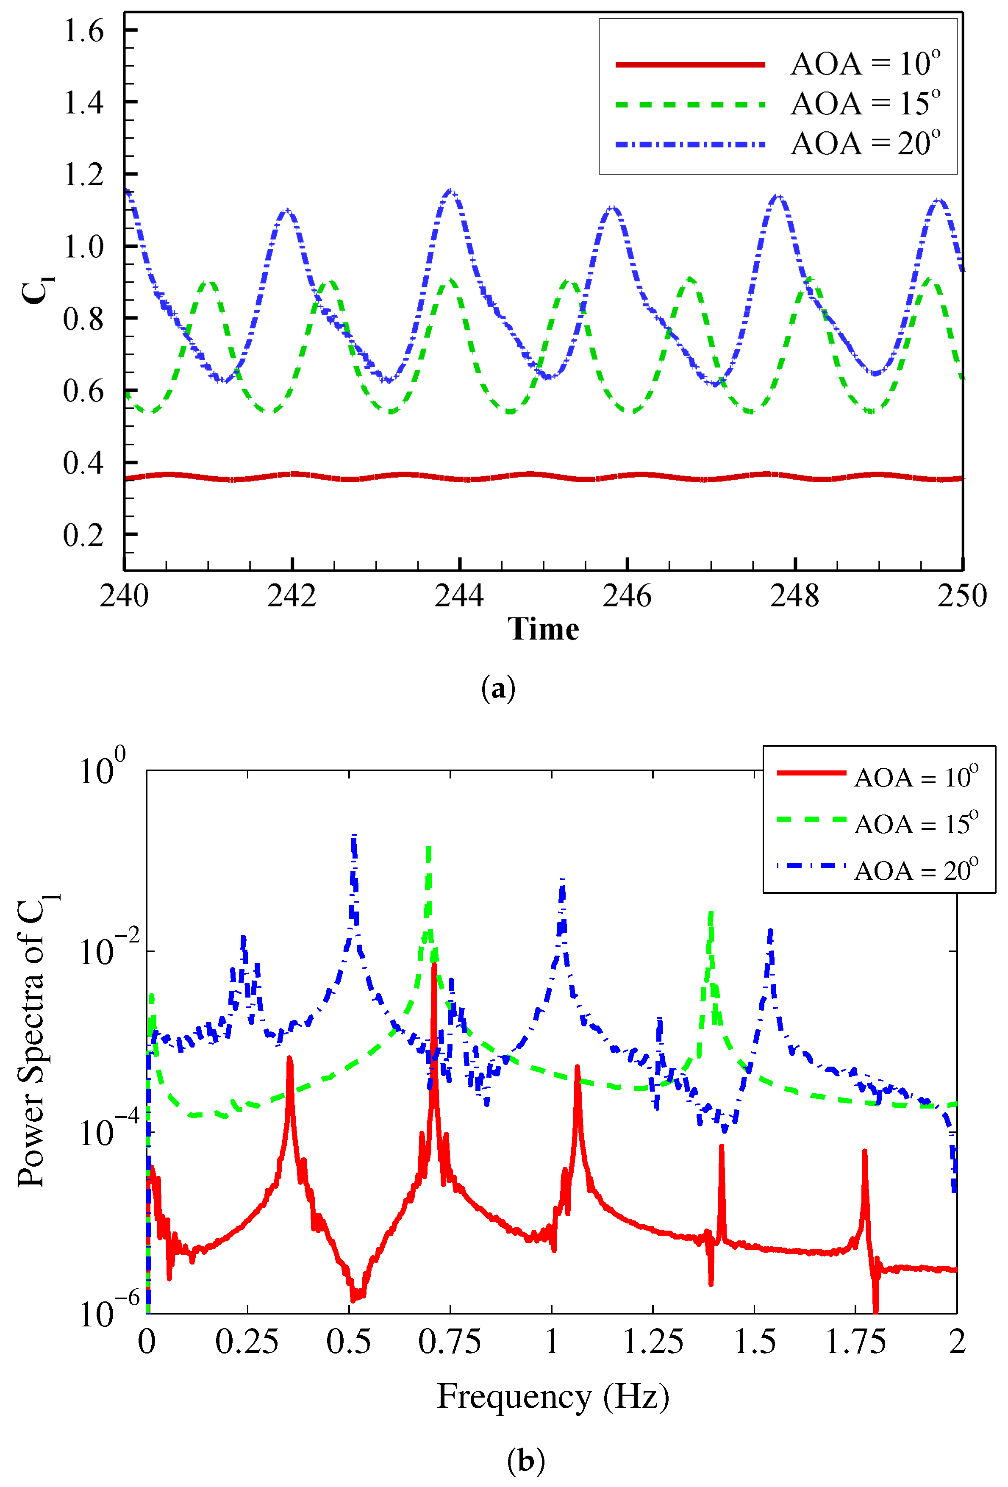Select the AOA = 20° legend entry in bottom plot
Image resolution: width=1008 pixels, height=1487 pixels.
coord(877,870)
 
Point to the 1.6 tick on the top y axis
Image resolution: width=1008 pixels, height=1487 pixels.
coord(83,31)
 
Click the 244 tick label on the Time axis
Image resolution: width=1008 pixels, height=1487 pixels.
coord(459,596)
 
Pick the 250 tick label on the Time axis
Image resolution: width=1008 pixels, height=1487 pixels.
coord(962,596)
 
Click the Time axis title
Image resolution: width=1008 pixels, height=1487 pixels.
coord(543,630)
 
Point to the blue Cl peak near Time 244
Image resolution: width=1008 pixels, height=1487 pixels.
coord(451,191)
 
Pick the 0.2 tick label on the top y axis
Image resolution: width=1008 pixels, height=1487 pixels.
coord(83,535)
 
